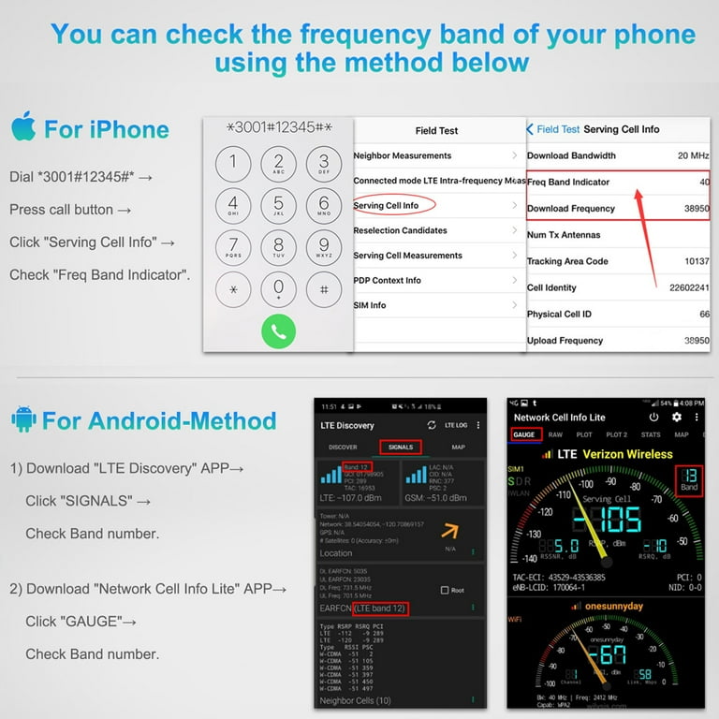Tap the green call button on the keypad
[x=278, y=331]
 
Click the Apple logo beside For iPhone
[x=23, y=126]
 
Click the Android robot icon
[x=23, y=419]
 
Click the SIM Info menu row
[x=370, y=305]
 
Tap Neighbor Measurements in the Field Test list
[x=403, y=155]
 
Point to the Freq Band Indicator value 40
[x=704, y=182]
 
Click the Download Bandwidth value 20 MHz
[x=693, y=155]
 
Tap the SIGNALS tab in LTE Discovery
[x=400, y=448]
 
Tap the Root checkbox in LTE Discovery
[x=445, y=590]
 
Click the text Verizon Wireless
[x=640, y=454]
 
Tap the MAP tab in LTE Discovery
[x=458, y=448]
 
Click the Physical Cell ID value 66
[x=704, y=314]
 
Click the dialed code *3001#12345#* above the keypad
[x=278, y=126]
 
